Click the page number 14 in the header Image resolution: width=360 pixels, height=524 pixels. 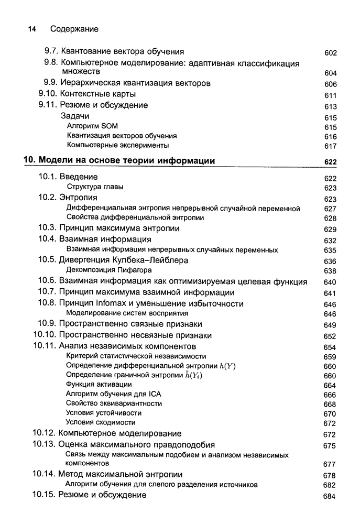[31, 29]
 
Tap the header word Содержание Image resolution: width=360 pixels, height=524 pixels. [74, 29]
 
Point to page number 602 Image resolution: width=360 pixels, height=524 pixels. [330, 53]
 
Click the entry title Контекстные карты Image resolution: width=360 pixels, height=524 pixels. [98, 94]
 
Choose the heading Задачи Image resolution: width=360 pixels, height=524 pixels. [75, 116]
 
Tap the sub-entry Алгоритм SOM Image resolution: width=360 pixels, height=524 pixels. [93, 126]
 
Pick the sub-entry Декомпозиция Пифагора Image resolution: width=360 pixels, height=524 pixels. [109, 270]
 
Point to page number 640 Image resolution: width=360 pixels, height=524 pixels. [330, 282]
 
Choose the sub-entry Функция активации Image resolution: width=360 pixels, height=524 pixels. [99, 385]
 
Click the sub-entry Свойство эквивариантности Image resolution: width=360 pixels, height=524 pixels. [114, 403]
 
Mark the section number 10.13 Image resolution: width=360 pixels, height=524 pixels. [44, 445]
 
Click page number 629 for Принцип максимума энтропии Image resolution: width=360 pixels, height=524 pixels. [330, 230]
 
